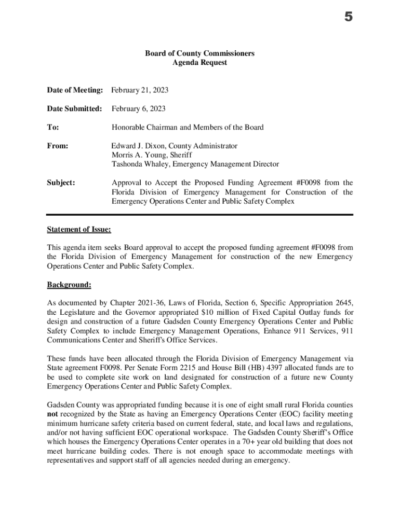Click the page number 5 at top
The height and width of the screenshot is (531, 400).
pos(348,18)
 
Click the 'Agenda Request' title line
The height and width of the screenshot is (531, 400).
pos(199,63)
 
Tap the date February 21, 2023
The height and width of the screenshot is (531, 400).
pos(140,90)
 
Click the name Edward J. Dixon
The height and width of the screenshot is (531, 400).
pos(137,146)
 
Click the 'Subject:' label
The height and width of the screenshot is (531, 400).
pos(61,183)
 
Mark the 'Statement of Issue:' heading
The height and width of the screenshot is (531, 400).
pos(79,229)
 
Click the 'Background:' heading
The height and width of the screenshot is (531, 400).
pos(69,284)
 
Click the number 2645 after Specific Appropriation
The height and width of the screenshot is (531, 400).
pos(344,303)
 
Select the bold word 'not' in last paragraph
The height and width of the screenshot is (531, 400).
pos(53,414)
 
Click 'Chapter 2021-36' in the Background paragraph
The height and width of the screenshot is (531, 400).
pos(135,303)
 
